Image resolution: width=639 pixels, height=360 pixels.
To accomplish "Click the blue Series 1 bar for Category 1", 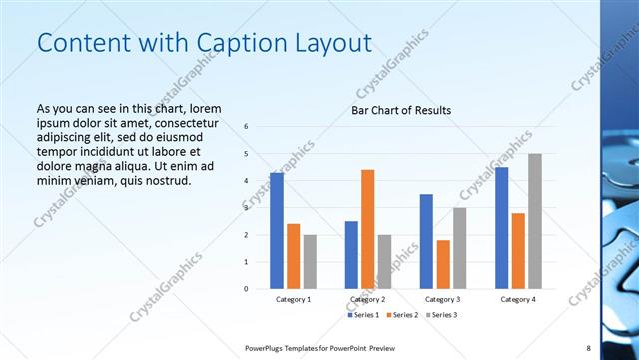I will [277, 231].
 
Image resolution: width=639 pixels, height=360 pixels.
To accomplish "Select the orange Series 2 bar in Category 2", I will [367, 229].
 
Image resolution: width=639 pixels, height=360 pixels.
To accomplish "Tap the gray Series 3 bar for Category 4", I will [535, 221].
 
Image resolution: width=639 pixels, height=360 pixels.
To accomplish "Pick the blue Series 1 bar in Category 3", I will [426, 241].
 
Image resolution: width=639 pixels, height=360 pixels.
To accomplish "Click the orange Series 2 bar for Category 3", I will [443, 264].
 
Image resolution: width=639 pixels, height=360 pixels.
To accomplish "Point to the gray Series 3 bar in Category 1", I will [310, 262].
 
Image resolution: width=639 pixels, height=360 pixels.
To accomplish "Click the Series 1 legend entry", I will [364, 315].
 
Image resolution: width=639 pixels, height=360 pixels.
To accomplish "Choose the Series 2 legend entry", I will [402, 315].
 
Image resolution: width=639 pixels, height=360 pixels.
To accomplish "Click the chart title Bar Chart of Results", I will [401, 110].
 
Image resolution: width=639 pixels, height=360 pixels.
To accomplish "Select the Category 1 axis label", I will [293, 299].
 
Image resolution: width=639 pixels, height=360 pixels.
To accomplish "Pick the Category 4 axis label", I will [517, 299].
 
